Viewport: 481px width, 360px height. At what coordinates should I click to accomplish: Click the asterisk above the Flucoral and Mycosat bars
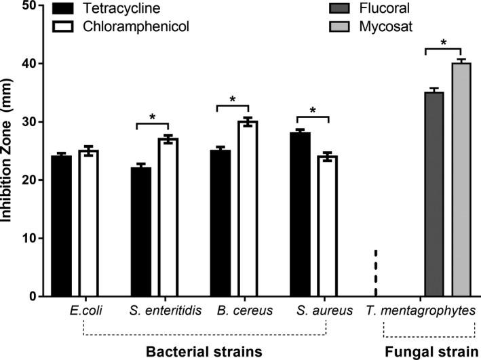tap(443, 43)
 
